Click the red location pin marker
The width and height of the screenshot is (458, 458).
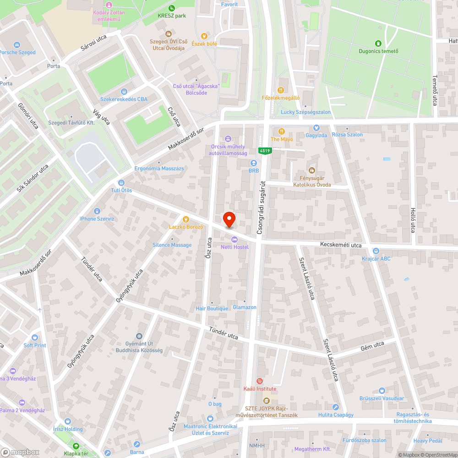point(229,219)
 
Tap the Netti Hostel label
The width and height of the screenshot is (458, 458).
point(234,247)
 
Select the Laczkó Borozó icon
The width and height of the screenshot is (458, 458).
point(185,219)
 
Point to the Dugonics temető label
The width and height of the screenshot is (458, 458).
point(379,51)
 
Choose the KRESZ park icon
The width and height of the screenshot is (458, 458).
point(171,8)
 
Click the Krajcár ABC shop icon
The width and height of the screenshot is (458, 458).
point(376,251)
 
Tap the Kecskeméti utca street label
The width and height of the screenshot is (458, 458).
point(341,245)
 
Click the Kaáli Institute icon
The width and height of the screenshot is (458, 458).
point(260,381)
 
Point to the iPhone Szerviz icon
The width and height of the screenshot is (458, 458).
point(97,211)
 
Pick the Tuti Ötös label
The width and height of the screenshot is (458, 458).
point(121,190)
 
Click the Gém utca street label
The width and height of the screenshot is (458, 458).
point(372,347)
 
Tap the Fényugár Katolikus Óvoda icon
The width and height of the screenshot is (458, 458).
point(312,170)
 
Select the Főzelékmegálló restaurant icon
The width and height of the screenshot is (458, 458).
point(281,90)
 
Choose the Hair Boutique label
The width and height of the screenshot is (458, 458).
point(211,309)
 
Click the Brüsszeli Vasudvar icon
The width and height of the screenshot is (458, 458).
point(382,391)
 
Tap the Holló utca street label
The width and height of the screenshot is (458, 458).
point(412,220)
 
